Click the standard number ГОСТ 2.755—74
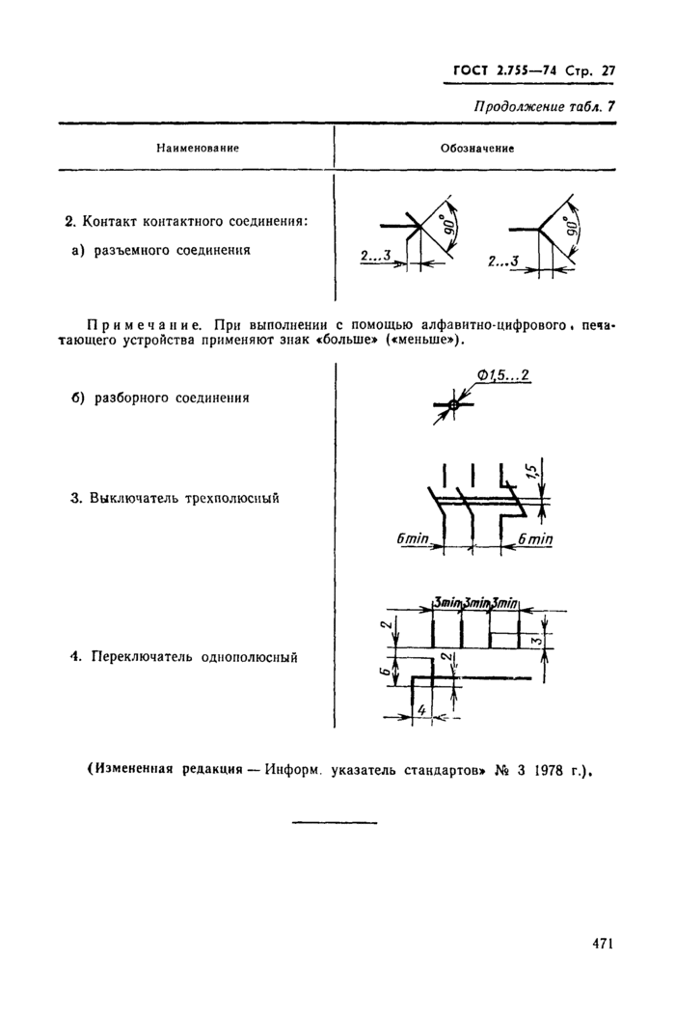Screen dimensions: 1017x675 (507, 70)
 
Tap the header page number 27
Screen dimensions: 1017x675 (607, 70)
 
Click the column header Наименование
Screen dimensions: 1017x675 (198, 149)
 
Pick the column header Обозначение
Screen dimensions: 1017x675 (477, 149)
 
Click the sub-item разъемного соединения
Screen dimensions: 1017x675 (173, 250)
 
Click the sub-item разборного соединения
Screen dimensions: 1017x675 (173, 397)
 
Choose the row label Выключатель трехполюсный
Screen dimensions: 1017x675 (184, 499)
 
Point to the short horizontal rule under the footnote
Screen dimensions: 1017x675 (335, 822)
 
